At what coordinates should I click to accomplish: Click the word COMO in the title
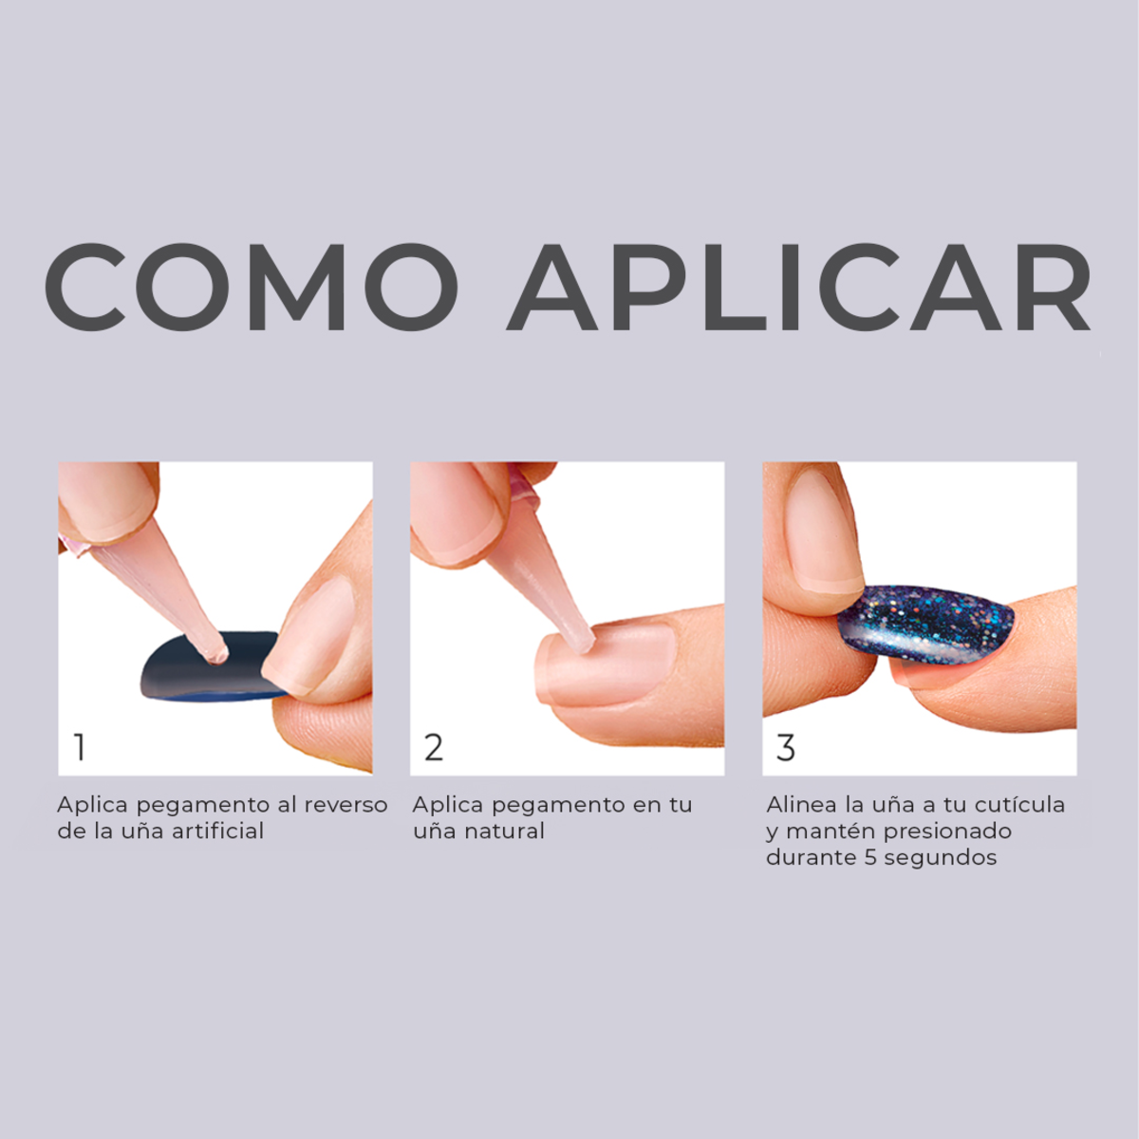[251, 287]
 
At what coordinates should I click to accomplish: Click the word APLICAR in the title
[799, 287]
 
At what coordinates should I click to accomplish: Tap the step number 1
[80, 748]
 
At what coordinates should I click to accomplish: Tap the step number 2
[433, 748]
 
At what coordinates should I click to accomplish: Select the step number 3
[785, 748]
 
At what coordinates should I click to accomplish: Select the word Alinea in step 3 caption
[801, 805]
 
